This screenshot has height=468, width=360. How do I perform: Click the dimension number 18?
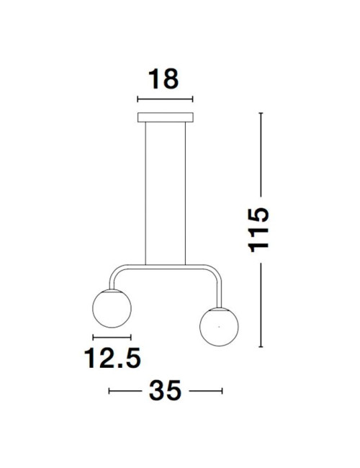click(165, 78)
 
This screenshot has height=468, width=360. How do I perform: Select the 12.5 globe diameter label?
click(112, 357)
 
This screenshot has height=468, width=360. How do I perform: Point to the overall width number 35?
click(165, 391)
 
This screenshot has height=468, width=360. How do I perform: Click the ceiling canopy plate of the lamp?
click(165, 117)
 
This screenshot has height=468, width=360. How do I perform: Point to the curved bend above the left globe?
click(115, 274)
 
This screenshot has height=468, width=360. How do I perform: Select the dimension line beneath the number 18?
click(165, 99)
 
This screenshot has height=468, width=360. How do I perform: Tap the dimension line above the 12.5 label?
click(112, 337)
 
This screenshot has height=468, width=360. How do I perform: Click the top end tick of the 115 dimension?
click(260, 113)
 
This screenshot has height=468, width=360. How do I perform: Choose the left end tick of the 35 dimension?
click(109, 391)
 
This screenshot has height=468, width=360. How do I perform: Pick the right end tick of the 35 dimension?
click(222, 391)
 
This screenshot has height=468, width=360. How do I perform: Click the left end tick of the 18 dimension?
click(137, 99)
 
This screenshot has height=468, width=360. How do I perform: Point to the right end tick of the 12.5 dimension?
click(131, 337)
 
